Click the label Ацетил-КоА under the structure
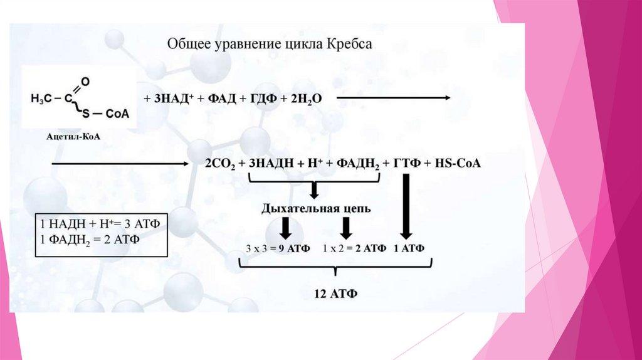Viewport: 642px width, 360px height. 73,136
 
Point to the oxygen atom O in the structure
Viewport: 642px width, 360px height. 86,81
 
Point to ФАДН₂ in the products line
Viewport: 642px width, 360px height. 359,164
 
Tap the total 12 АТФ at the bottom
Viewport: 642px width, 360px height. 335,294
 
